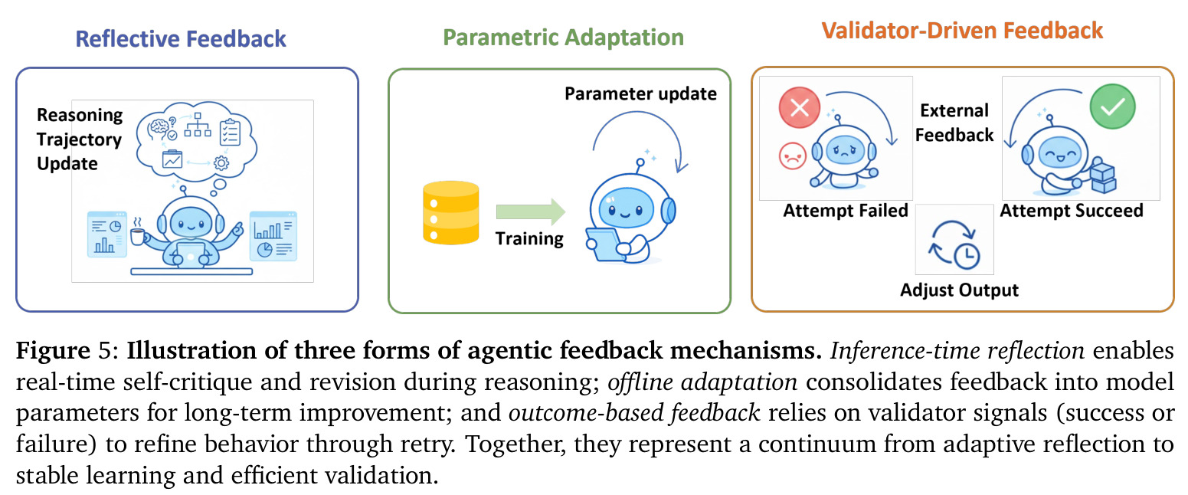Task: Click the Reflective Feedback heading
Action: (x=180, y=39)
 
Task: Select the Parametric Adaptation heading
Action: (x=563, y=37)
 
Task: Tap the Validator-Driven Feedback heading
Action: (x=962, y=30)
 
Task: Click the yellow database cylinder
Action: (x=451, y=213)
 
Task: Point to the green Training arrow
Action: (x=530, y=211)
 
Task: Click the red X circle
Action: (x=799, y=108)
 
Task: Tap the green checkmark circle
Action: (x=1112, y=107)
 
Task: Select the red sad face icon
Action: (x=792, y=156)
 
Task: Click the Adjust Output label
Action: (x=959, y=290)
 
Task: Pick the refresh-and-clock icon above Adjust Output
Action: (x=954, y=244)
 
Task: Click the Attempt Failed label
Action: (x=846, y=211)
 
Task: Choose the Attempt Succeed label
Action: (x=1072, y=211)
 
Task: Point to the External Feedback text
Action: (x=954, y=123)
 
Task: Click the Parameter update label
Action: (x=640, y=94)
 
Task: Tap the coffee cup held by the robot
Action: (x=138, y=236)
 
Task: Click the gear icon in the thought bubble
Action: (x=221, y=163)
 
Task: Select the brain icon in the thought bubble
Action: (x=158, y=127)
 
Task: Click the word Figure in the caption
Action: (x=53, y=351)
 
